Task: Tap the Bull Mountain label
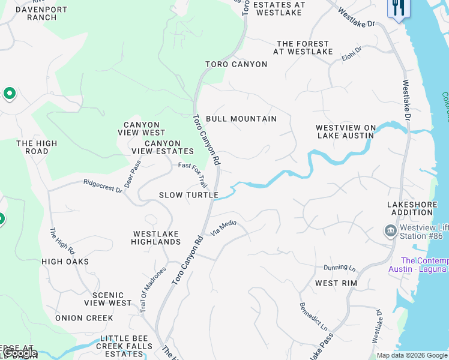pos(241,119)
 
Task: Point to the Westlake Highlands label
pos(156,238)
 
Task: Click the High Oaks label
pos(65,262)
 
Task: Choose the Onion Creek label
pos(84,318)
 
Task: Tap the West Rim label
pos(336,283)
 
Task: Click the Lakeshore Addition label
pos(412,209)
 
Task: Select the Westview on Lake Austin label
pos(346,131)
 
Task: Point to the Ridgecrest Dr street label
pos(103,186)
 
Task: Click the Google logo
pos(20,353)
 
